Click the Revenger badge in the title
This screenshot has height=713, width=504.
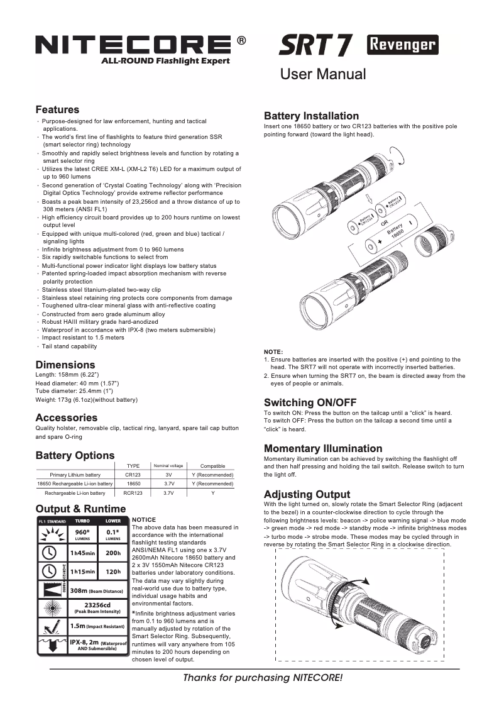pyautogui.click(x=402, y=45)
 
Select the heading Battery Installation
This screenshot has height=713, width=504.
pyautogui.click(x=311, y=116)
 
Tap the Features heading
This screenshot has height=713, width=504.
pyautogui.click(x=57, y=110)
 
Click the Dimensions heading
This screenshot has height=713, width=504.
pyautogui.click(x=65, y=365)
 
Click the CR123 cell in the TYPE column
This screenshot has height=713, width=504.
pyautogui.click(x=133, y=475)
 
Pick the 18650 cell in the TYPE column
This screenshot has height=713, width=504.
pyautogui.click(x=133, y=484)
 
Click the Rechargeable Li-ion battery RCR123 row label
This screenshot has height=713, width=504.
pyautogui.click(x=75, y=494)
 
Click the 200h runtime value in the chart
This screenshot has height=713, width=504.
pyautogui.click(x=113, y=553)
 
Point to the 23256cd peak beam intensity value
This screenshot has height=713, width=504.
pyautogui.click(x=97, y=606)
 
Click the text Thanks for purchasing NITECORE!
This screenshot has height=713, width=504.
pyautogui.click(x=263, y=678)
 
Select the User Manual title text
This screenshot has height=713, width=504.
pyautogui.click(x=322, y=74)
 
